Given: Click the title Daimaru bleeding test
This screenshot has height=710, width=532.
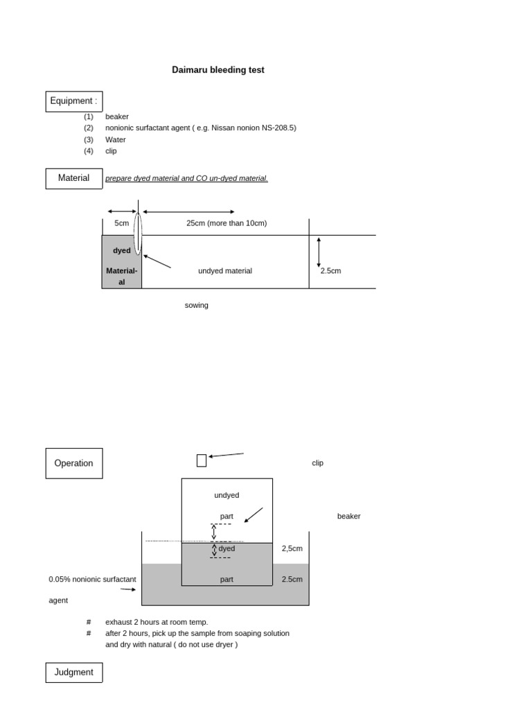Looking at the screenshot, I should coord(218,70).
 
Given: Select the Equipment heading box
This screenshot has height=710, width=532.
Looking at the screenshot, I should coord(74,101).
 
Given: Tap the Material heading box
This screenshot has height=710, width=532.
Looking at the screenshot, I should coord(74,178).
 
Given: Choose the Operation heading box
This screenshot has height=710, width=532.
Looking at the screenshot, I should coord(74,463).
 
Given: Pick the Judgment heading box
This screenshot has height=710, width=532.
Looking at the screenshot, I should coord(74,673).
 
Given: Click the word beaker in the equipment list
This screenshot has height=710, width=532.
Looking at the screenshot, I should coord(117,116).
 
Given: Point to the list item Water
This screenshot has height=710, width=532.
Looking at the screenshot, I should coord(116,139).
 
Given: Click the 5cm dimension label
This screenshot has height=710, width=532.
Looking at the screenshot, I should coord(122,223).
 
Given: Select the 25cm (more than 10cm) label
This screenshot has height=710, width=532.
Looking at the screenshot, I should coord(227,223).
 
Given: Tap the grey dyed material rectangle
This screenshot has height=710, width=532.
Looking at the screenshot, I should coord(122,262).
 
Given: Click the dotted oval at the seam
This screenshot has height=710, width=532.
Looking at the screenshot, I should coord(138,234).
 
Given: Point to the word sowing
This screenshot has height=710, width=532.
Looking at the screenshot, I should coord(197,305).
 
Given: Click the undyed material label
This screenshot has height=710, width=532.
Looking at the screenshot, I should coord(225,271).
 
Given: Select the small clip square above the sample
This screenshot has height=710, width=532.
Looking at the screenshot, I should coord(202,460).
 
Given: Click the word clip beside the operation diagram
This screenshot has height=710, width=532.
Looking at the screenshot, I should coord(317,463).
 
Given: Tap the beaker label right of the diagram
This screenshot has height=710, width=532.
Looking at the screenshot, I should coord(348,517).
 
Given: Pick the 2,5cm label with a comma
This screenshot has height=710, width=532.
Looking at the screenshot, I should coord(292,548).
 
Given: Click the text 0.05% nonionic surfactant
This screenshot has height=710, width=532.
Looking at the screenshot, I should coord(93,579).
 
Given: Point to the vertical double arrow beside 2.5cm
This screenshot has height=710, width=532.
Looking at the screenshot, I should coord(319,252).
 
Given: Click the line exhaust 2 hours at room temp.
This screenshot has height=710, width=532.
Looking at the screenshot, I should coord(157,622).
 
